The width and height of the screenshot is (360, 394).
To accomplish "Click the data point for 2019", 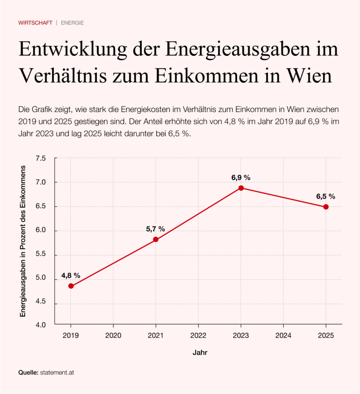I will click(71, 286).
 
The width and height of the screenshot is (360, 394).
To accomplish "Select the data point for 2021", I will click(156, 239).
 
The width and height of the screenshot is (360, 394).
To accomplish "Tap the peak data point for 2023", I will click(241, 188).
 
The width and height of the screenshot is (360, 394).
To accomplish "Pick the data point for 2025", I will click(326, 207).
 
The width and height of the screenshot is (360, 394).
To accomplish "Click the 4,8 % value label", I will click(70, 275).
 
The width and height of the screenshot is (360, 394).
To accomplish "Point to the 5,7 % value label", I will click(155, 229).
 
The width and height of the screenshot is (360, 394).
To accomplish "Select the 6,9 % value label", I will click(241, 177).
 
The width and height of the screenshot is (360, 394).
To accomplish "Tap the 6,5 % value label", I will click(326, 196).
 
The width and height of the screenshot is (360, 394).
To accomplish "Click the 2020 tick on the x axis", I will click(113, 335).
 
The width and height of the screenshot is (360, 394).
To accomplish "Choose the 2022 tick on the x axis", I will click(198, 335).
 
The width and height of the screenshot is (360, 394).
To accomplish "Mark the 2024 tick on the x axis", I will click(283, 335).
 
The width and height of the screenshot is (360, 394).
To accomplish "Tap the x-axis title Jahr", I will click(200, 352).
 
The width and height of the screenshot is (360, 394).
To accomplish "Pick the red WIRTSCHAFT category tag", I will click(35, 23).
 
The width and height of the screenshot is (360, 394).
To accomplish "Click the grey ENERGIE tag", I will click(72, 23).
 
